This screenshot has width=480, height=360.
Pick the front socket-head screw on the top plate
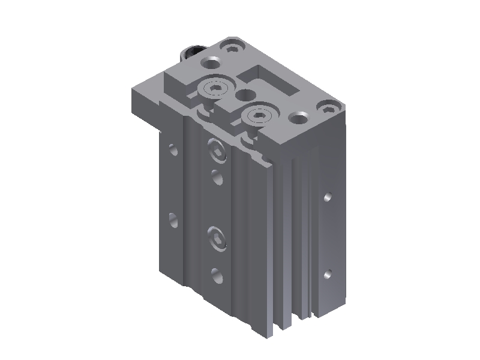[259, 114]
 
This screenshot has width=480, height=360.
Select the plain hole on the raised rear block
[211, 62]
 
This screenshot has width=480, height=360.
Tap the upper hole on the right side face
[328, 197]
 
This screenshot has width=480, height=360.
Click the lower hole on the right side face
[328, 275]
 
